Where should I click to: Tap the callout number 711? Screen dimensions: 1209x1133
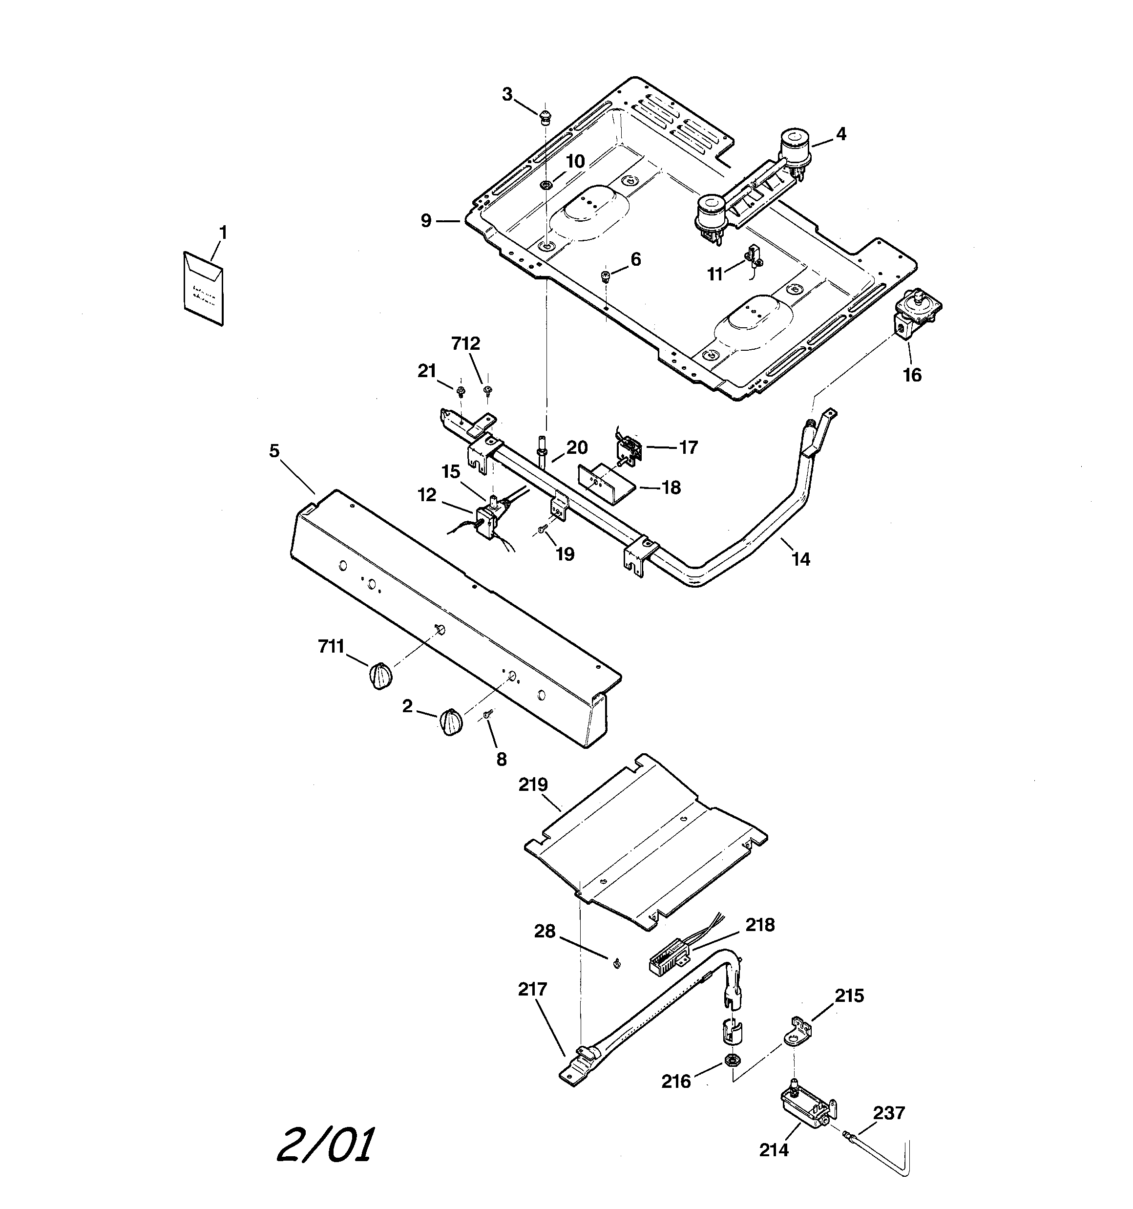pyautogui.click(x=332, y=646)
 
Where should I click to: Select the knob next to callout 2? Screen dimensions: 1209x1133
pyautogui.click(x=451, y=722)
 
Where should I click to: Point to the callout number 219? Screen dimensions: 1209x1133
pyautogui.click(x=533, y=785)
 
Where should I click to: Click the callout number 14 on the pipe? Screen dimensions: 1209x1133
pyautogui.click(x=801, y=559)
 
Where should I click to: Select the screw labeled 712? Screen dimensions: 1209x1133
pyautogui.click(x=487, y=389)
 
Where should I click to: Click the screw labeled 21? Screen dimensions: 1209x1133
pyautogui.click(x=461, y=389)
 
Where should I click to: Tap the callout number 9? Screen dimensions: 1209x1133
pyautogui.click(x=426, y=221)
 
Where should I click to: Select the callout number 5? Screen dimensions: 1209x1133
pyautogui.click(x=274, y=451)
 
